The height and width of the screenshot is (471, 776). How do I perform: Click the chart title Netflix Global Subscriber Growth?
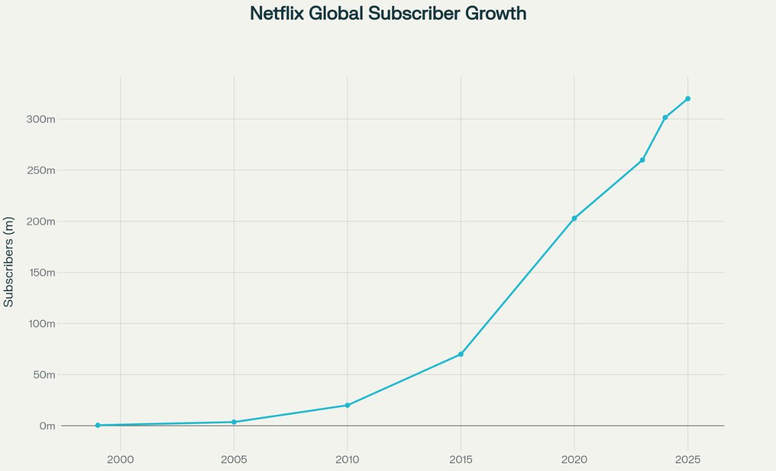pos(388,14)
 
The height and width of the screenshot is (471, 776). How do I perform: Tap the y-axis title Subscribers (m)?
pos(8,262)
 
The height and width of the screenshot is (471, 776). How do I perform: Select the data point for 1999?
pos(98,425)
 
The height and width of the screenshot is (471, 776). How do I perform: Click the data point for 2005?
pos(233,422)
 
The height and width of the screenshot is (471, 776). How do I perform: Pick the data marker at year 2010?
pos(347,405)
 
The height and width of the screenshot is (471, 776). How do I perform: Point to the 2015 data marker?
pos(460,354)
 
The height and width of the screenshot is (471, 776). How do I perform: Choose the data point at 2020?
pos(574,218)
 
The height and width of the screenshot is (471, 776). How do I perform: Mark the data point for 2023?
pos(642,160)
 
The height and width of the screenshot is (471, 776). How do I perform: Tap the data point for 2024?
pos(665,117)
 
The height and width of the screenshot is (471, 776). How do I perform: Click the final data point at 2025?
pos(687,98)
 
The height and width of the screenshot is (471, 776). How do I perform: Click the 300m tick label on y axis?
pos(41,119)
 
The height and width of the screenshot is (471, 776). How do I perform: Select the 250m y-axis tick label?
pos(41,170)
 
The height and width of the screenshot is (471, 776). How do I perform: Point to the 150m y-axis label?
pos(41,272)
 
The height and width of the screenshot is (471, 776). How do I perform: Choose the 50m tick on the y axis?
pos(43,375)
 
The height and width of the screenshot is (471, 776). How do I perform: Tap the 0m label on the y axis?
pos(47,426)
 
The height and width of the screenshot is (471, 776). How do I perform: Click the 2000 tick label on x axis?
pos(120,459)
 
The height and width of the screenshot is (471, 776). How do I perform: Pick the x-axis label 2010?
pos(347,459)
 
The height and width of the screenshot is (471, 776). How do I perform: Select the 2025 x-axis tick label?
pos(687,459)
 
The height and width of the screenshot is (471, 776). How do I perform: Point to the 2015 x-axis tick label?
pos(460,459)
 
